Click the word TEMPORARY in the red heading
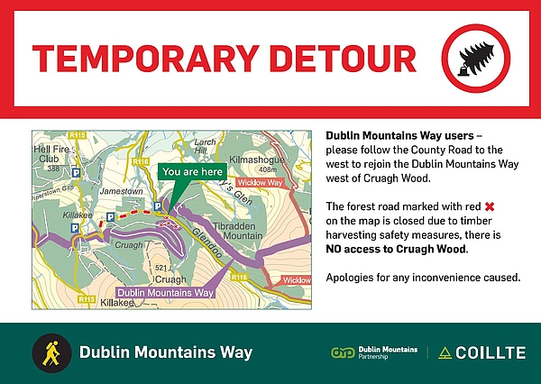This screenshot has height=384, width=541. pos(145,59)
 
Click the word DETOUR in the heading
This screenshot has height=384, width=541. pos(344,59)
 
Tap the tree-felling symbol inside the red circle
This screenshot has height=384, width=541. pos(477,59)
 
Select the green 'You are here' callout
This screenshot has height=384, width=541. pos(193,171)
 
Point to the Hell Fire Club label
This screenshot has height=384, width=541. pos(52,154)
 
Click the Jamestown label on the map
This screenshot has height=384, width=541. pos(121,191)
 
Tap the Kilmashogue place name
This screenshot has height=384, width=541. pos(257,160)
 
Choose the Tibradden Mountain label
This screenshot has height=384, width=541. pos(238,231)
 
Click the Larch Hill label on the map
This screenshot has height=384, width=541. pos(205,146)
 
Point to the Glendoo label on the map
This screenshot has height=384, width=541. pos(207,242)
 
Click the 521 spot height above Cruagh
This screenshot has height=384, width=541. pos(161,268)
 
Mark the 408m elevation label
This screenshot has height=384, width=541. pos(268,169)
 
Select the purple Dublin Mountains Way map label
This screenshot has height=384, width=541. pos(165,293)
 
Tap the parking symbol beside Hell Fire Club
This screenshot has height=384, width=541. pos(76,172)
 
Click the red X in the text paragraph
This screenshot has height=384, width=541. pos(490,206)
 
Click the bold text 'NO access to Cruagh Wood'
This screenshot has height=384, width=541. pos(396,249)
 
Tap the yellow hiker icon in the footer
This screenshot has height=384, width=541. pos(51,353)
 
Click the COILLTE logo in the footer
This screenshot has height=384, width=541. pos(482,352)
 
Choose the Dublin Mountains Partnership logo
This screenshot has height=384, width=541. pos(374,352)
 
